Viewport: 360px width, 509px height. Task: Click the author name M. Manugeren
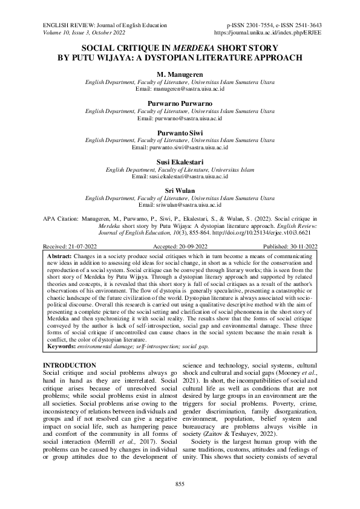[x=180, y=74]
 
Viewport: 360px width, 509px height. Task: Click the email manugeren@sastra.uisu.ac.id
[x=180, y=88]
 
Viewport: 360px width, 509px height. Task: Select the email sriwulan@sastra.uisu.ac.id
[x=180, y=205]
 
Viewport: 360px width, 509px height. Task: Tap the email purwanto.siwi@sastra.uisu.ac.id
[x=180, y=147]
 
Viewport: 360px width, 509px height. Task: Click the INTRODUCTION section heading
[x=70, y=366]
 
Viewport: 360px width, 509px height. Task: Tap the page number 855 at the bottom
[x=180, y=484]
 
